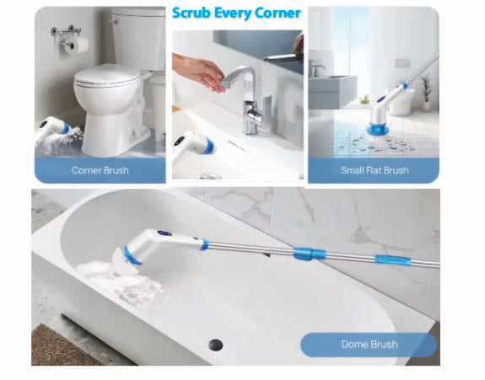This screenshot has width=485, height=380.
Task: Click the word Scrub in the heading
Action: (191, 13)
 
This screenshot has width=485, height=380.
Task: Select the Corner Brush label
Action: (100, 170)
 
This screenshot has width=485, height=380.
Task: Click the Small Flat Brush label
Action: (375, 170)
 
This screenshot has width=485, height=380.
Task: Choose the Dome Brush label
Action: (369, 344)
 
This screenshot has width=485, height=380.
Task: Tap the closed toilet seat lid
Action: (107, 76)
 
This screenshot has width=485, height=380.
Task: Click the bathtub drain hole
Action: (216, 344)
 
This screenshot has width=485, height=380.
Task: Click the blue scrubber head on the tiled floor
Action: (377, 128)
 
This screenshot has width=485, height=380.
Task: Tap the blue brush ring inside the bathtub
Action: (132, 254)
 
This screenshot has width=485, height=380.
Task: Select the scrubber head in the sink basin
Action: (193, 145)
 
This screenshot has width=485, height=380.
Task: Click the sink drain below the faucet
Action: (211, 176)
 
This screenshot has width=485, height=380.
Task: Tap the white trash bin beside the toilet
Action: (158, 105)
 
